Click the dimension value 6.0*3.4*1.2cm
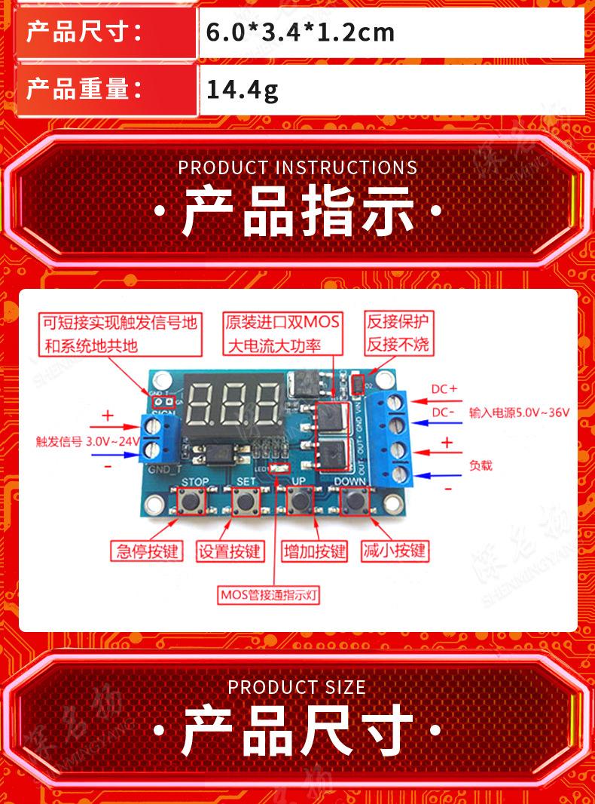coord(301,32)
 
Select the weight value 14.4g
coord(243,91)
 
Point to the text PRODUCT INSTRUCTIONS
coord(297,167)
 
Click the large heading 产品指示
coord(297,212)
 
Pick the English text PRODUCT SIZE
coord(297,687)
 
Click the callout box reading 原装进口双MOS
coord(282,333)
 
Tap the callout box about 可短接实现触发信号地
coord(121,334)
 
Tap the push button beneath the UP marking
coord(300,499)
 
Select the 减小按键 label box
coord(394,551)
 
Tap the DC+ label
coord(444,389)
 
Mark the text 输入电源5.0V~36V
coord(519,413)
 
